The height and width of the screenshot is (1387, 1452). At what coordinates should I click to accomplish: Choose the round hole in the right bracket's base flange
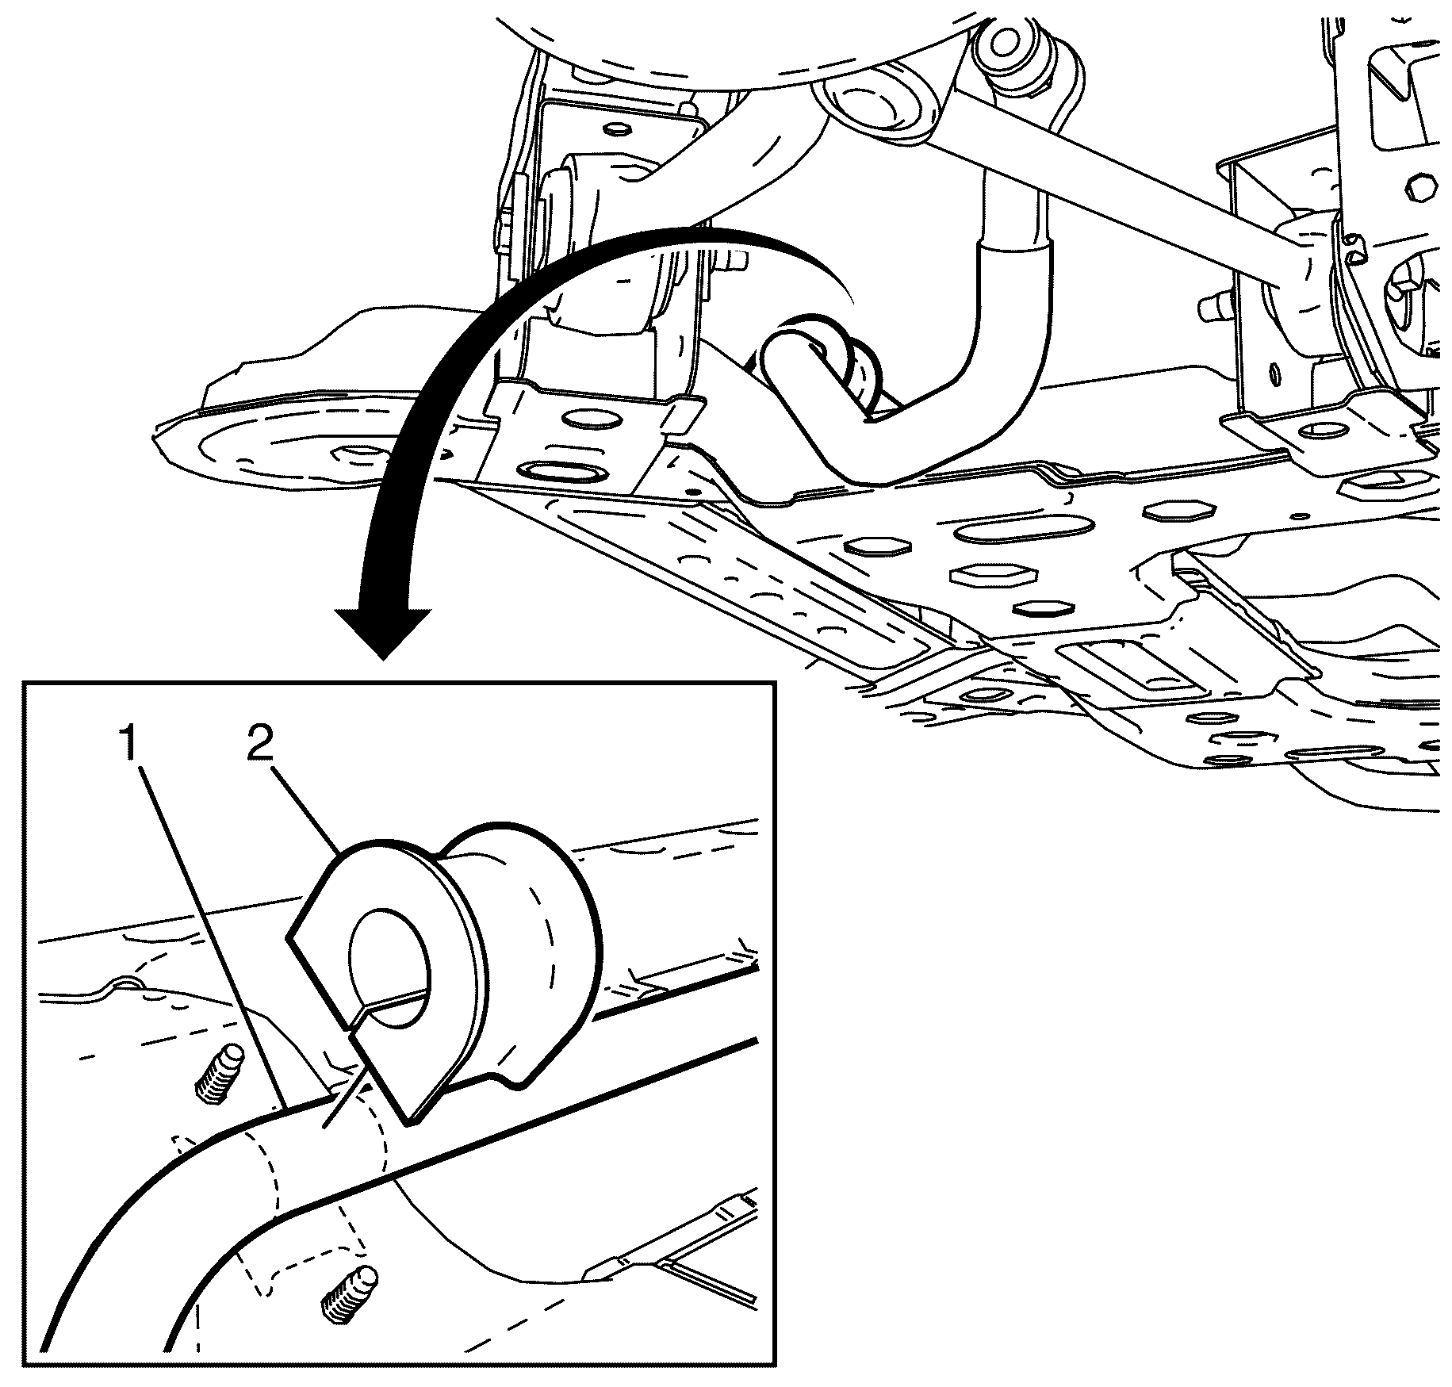tap(1321, 431)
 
